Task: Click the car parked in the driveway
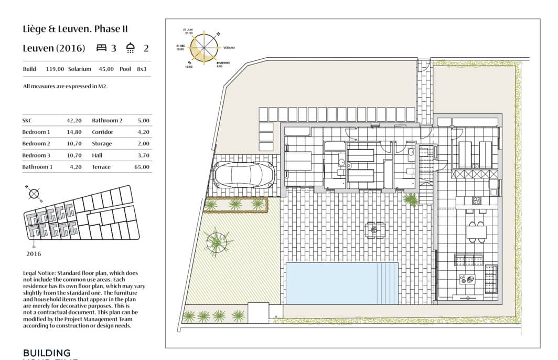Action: pos(244,175)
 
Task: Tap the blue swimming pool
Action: pos(341,283)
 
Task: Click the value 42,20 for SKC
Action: pos(74,120)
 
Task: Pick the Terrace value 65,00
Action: pos(142,167)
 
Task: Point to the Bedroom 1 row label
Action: pos(36,132)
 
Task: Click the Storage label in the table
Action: pos(102,143)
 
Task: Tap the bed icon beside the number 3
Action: pos(102,48)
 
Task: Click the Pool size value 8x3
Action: pos(142,69)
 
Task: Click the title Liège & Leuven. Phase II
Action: pos(75,29)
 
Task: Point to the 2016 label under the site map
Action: pos(34,253)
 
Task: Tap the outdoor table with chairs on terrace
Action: pos(375,229)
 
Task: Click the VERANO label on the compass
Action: pos(229,47)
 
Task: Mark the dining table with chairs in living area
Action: pos(476,231)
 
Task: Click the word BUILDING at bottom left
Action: pos(47,353)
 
